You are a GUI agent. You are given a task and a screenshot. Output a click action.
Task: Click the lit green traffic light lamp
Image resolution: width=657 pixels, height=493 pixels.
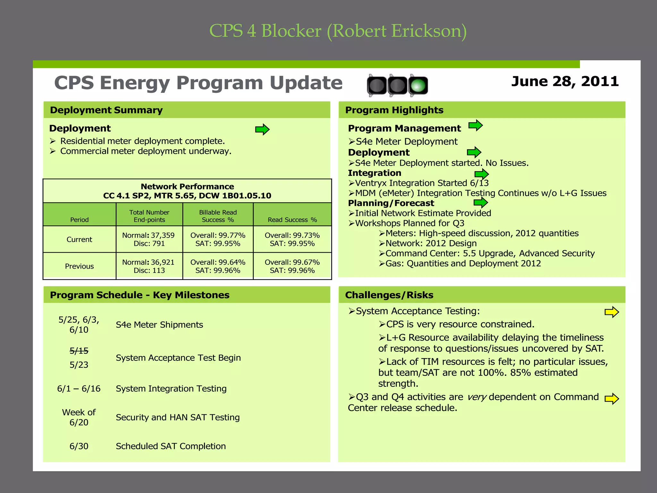pyautogui.click(x=418, y=86)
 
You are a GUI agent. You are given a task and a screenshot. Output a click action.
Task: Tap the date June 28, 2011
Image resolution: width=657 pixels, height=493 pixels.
pyautogui.click(x=565, y=81)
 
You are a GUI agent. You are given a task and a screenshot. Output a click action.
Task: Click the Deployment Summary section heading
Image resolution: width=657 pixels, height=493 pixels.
pyautogui.click(x=106, y=110)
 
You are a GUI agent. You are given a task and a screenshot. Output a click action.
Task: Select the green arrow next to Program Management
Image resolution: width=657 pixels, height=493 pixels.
pyautogui.click(x=475, y=125)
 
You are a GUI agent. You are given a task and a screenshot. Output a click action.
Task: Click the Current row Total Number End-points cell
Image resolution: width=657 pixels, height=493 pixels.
pyautogui.click(x=149, y=239)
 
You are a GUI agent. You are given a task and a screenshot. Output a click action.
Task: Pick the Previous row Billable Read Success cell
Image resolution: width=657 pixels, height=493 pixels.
pyautogui.click(x=218, y=266)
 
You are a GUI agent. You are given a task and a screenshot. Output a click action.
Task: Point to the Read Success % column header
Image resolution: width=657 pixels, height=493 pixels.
pyautogui.click(x=292, y=220)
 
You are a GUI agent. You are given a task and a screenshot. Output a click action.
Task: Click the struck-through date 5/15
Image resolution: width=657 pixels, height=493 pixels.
pyautogui.click(x=79, y=351)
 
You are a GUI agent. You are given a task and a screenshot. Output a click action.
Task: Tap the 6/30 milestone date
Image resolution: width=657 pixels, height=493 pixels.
pyautogui.click(x=79, y=446)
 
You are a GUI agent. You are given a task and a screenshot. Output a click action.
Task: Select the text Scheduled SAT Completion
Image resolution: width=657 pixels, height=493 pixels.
pyautogui.click(x=171, y=446)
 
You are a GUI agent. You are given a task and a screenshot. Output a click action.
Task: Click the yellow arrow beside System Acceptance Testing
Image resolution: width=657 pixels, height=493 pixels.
pyautogui.click(x=611, y=312)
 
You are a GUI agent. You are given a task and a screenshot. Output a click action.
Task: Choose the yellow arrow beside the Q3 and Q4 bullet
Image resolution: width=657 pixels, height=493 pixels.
pyautogui.click(x=611, y=399)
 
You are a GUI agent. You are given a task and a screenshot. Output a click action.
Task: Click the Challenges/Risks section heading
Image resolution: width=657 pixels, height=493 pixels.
pyautogui.click(x=389, y=295)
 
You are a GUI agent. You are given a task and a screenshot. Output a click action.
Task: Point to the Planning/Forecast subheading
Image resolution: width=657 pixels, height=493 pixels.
pyautogui.click(x=391, y=203)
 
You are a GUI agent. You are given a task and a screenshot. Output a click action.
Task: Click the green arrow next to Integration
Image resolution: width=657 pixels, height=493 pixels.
pyautogui.click(x=481, y=174)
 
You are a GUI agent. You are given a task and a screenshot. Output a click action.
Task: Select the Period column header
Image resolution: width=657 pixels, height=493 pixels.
pyautogui.click(x=79, y=220)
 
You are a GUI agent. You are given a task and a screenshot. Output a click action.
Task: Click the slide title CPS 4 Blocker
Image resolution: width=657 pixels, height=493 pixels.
pyautogui.click(x=338, y=31)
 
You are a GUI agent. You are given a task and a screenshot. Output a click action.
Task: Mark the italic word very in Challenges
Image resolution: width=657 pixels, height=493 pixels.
pyautogui.click(x=477, y=397)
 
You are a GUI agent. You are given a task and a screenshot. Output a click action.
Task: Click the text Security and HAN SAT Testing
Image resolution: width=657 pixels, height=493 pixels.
pyautogui.click(x=177, y=417)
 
